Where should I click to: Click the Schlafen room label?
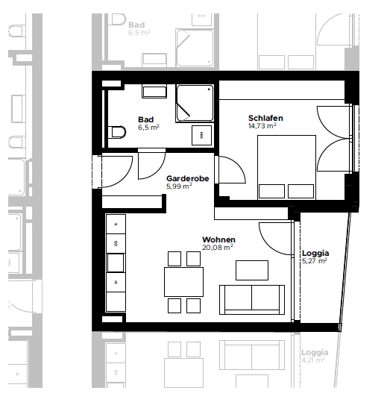(x=265, y=118)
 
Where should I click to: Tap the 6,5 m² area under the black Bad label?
(x=148, y=128)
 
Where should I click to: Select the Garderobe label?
(x=187, y=178)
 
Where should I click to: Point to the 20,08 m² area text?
(x=218, y=247)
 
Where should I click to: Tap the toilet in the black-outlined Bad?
(x=117, y=132)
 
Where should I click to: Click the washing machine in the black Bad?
(x=201, y=135)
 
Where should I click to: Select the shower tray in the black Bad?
(x=195, y=103)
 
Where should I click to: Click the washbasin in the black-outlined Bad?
(x=154, y=91)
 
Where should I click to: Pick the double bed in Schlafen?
(x=286, y=167)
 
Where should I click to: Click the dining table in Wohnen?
(x=183, y=282)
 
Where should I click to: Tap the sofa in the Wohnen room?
(x=252, y=300)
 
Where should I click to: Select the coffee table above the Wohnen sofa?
(x=252, y=270)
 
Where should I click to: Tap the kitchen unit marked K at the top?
(x=116, y=224)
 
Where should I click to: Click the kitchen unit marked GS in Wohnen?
(x=116, y=244)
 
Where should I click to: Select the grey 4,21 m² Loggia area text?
(x=313, y=360)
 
